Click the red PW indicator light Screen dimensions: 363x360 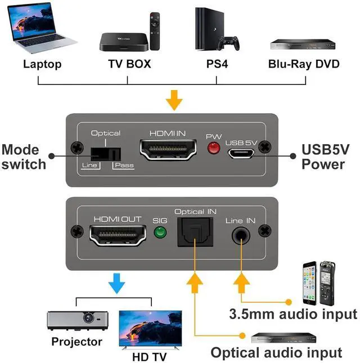click(213, 149)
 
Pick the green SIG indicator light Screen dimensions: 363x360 click(161, 232)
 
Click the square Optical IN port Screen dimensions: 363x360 click(195, 231)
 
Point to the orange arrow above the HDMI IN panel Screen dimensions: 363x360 click(175, 100)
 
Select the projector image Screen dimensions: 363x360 click(77, 321)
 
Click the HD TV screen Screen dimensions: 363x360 click(150, 328)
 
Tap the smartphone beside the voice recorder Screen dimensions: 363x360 click(310, 283)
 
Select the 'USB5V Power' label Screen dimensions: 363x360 click(323, 158)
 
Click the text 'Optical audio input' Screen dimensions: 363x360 click(276, 353)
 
